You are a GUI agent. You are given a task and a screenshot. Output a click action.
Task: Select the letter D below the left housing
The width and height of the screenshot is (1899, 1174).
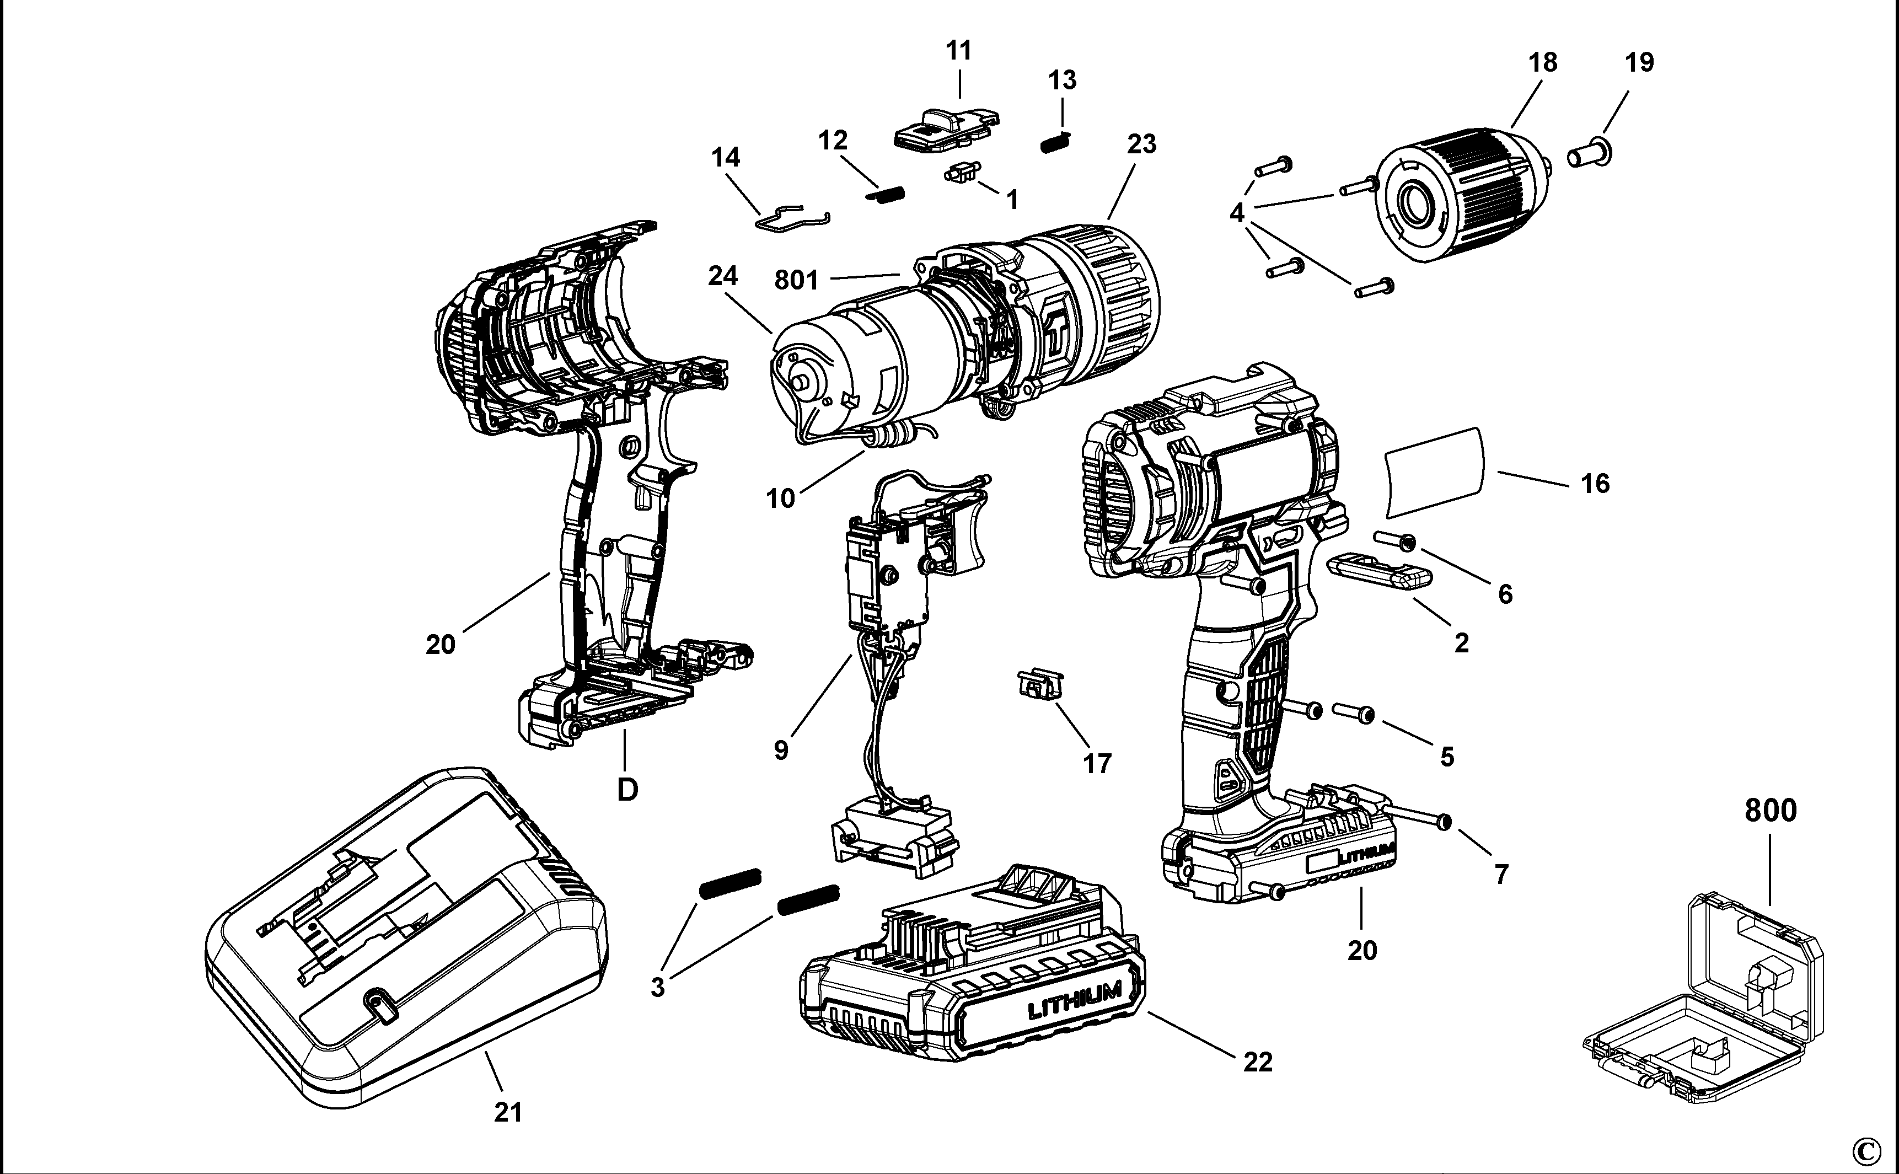click(627, 790)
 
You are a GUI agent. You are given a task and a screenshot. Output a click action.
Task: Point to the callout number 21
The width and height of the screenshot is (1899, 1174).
click(508, 1113)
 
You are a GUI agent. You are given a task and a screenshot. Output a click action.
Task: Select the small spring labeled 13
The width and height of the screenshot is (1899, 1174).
click(1056, 143)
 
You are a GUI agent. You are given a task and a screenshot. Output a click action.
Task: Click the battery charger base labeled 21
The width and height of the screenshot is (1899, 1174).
click(404, 940)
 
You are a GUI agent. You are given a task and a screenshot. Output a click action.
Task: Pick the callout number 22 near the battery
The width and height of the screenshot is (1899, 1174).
click(1258, 1062)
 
